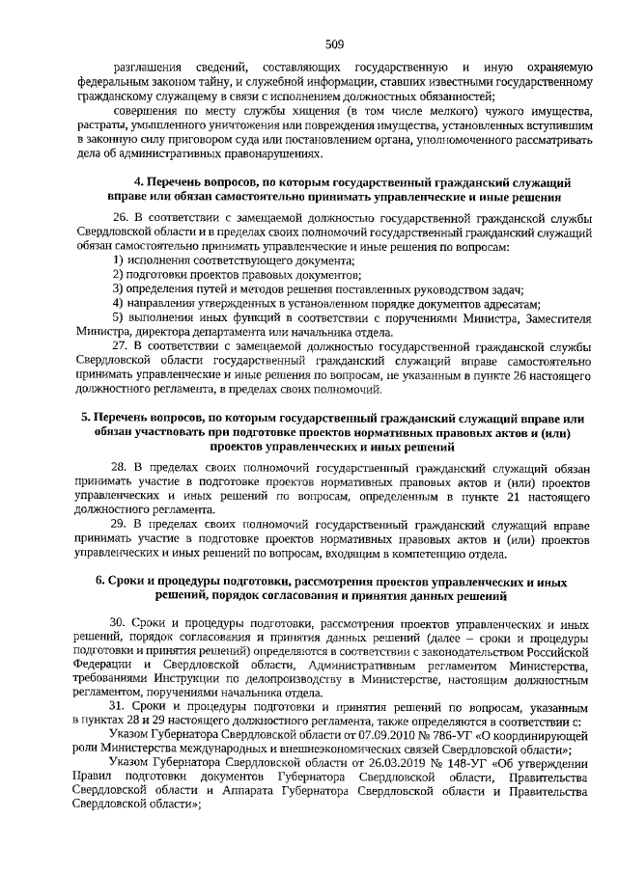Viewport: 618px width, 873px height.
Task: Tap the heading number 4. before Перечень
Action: coord(138,181)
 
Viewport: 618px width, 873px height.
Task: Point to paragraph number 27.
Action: coord(121,343)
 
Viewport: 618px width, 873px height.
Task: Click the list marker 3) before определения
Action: coord(117,288)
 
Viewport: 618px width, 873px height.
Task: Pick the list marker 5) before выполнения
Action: coord(117,316)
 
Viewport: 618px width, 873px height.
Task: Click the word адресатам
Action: coord(504,302)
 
